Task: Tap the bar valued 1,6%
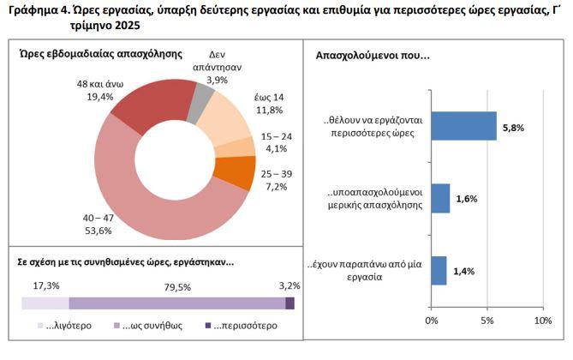coord(440,198)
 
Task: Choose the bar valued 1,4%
coord(439,270)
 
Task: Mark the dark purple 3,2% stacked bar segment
coord(289,303)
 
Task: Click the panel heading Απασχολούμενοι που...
coord(372,56)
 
